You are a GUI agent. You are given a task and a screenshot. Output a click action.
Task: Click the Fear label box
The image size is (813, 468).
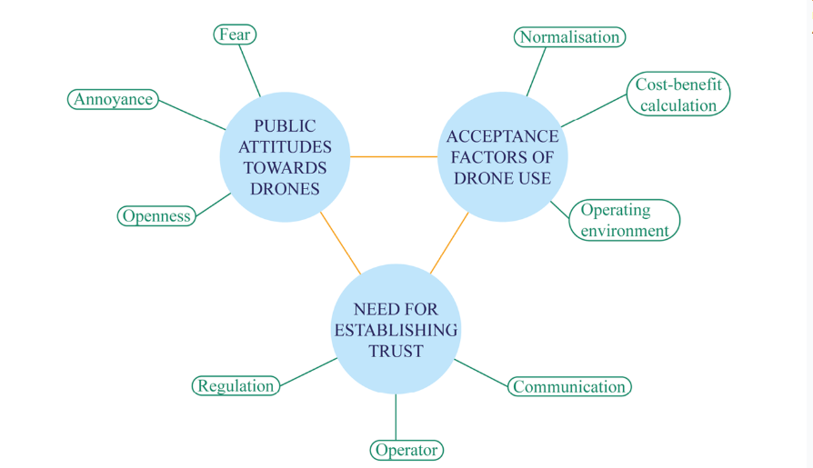click(235, 35)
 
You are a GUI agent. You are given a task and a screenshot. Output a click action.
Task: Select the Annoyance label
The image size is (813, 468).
click(114, 99)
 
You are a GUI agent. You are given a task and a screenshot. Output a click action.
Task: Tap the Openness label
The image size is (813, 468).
click(156, 215)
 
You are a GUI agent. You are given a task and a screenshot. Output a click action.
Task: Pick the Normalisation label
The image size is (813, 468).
click(569, 37)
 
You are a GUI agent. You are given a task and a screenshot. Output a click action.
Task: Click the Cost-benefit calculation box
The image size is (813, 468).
click(678, 95)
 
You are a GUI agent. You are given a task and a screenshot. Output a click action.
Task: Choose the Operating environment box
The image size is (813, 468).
click(625, 220)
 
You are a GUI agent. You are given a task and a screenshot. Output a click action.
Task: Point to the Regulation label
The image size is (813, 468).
click(236, 385)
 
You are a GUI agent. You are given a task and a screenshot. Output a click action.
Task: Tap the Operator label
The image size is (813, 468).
click(406, 450)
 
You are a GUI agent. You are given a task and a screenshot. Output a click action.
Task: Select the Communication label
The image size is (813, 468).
click(569, 386)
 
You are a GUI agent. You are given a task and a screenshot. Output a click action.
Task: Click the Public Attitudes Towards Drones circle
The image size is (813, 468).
click(286, 157)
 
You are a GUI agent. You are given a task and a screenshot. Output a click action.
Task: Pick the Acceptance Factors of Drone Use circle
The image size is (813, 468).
click(502, 156)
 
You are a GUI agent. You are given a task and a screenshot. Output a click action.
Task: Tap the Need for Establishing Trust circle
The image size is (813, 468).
click(395, 329)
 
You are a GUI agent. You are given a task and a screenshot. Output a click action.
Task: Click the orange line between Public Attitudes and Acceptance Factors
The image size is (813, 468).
click(394, 156)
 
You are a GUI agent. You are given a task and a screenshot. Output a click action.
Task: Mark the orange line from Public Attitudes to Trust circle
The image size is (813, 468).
click(340, 243)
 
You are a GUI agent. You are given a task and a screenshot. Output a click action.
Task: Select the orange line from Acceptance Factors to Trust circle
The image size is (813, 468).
click(449, 243)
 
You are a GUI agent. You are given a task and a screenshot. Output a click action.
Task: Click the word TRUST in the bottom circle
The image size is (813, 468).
click(396, 351)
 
